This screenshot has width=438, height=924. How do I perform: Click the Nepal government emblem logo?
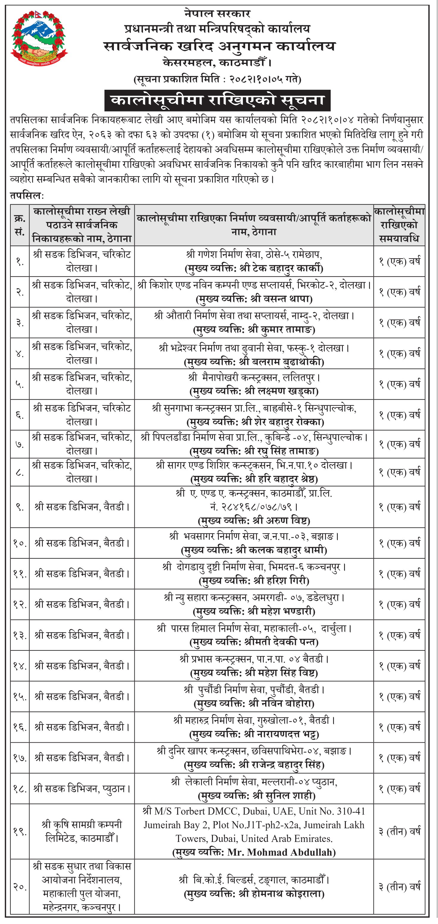click(39, 38)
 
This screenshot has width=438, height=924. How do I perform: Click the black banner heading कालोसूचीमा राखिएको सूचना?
click(217, 100)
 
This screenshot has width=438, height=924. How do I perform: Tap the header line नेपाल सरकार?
click(217, 14)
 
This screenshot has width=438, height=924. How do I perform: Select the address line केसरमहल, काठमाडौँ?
click(217, 63)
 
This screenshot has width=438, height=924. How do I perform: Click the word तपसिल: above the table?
click(27, 196)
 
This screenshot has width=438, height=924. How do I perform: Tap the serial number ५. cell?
click(20, 384)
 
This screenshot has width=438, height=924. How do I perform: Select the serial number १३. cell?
click(20, 635)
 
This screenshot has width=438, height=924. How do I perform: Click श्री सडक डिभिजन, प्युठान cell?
click(82, 789)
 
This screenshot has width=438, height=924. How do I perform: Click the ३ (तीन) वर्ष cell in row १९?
click(399, 832)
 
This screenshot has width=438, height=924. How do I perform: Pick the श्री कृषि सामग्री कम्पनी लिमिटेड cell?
click(82, 832)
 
